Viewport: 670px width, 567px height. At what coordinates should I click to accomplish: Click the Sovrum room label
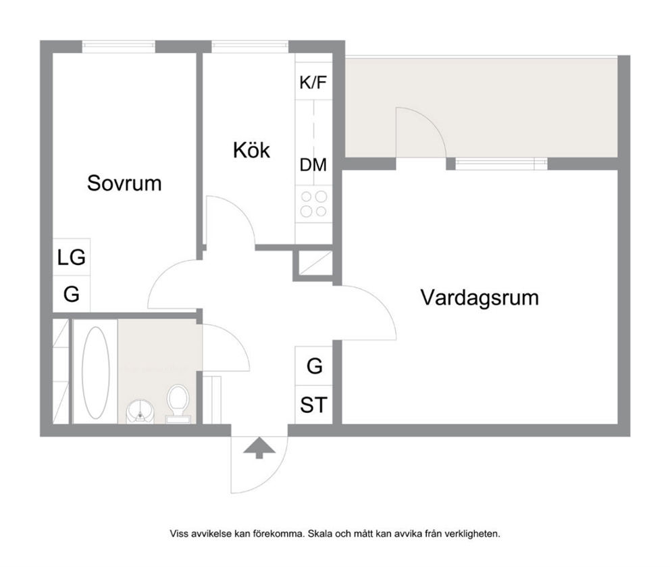[x=124, y=183]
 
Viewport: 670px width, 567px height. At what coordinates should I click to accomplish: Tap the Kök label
[x=251, y=150]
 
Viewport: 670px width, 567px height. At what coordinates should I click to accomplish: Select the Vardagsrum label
[x=480, y=298]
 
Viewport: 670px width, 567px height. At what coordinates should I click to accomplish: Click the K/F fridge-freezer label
[x=313, y=82]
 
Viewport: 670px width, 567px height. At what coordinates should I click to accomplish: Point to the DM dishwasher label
[x=313, y=165]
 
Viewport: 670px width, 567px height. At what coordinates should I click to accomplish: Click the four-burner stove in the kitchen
[x=313, y=203]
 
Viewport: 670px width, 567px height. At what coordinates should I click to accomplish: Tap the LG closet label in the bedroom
[x=72, y=257]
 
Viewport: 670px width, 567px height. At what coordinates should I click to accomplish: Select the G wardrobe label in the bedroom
[x=72, y=295]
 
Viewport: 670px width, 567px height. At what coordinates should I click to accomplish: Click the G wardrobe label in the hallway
[x=315, y=366]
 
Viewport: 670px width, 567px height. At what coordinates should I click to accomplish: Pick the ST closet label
[x=313, y=405]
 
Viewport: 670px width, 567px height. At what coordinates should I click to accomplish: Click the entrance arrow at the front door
[x=259, y=448]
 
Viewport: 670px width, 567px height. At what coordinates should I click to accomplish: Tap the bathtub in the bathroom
[x=95, y=372]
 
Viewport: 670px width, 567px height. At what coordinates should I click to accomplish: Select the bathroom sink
[x=140, y=412]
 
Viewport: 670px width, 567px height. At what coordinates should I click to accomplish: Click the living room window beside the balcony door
[x=500, y=164]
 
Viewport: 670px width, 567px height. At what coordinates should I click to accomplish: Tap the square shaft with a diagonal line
[x=315, y=264]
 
